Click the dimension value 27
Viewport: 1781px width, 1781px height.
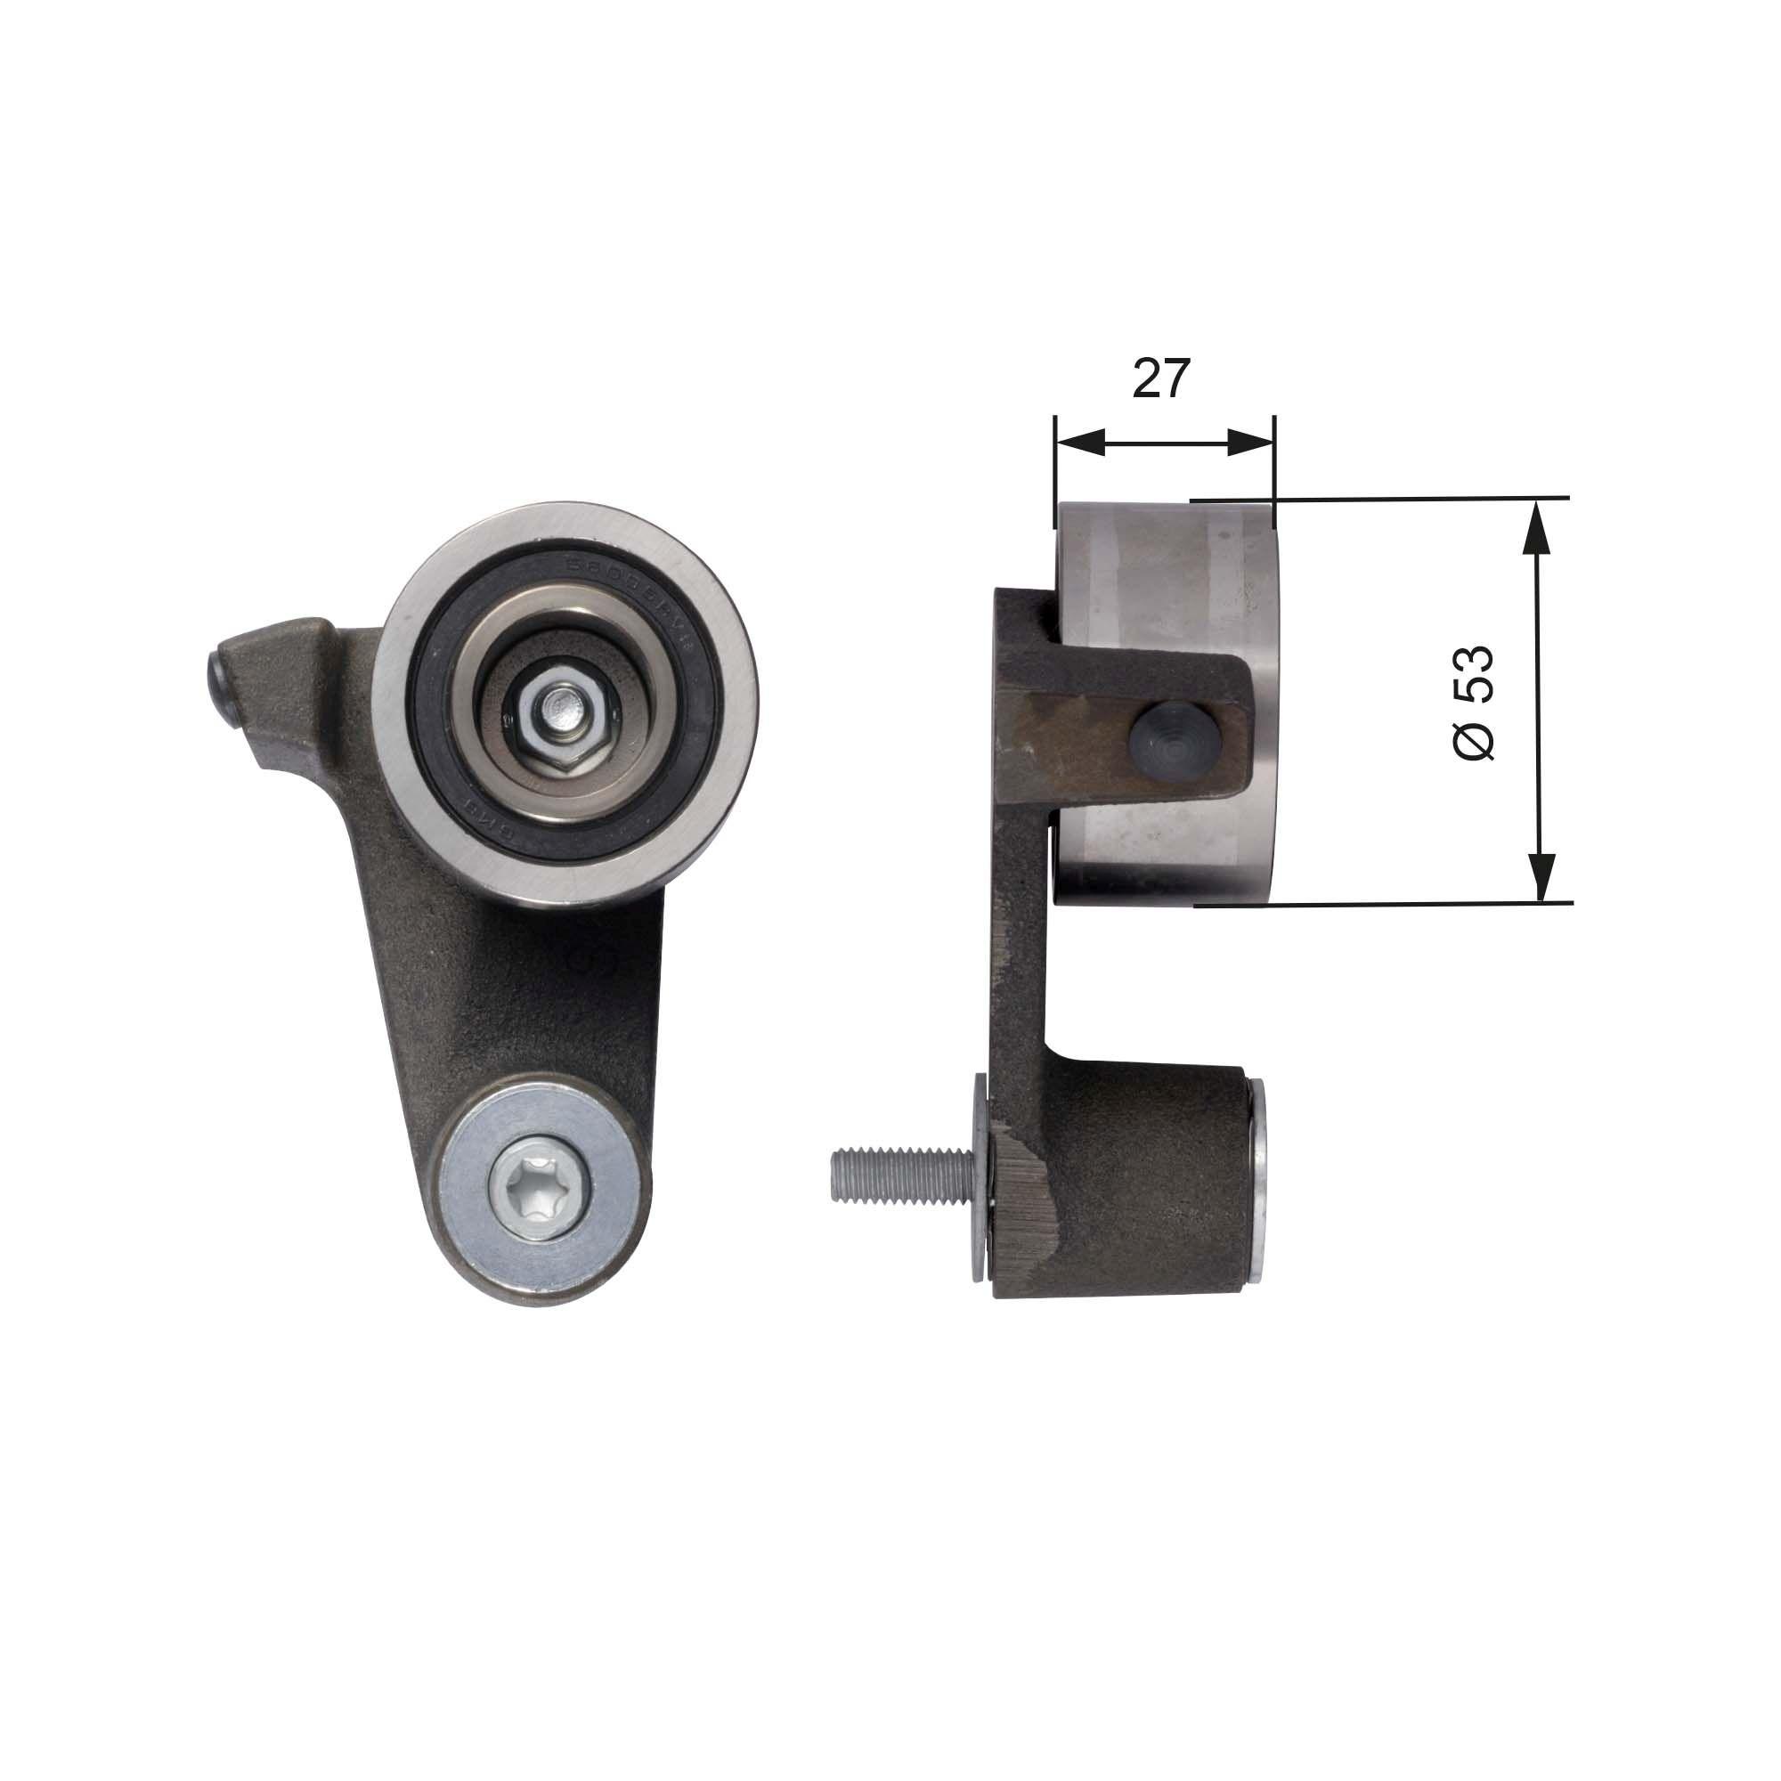click(1161, 378)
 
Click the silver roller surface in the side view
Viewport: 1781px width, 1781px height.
click(1161, 572)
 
